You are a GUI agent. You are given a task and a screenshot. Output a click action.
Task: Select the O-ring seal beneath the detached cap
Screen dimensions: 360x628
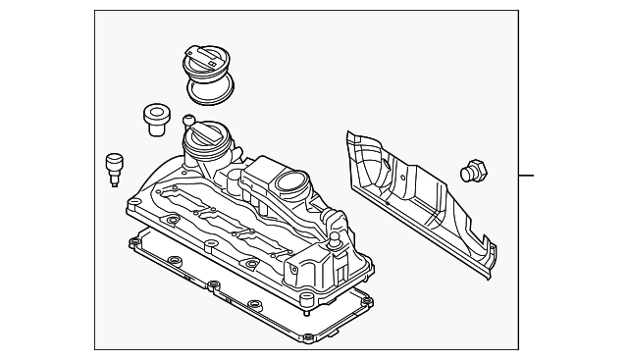click(x=212, y=91)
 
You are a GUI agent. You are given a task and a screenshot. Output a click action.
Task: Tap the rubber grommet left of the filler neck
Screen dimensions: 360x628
click(x=153, y=117)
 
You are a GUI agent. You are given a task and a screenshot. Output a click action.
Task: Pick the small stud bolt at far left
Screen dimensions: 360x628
click(x=113, y=169)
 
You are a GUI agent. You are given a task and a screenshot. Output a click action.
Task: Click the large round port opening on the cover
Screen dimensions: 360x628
click(x=291, y=181)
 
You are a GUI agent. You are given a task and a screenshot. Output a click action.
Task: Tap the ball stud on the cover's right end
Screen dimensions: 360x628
click(x=335, y=238)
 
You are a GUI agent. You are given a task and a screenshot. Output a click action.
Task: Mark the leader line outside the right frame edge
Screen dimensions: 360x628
click(x=527, y=177)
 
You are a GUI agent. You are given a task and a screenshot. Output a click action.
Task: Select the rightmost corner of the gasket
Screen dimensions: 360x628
click(x=372, y=299)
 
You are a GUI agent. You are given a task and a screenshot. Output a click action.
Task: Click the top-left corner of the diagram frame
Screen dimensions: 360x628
click(x=96, y=11)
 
